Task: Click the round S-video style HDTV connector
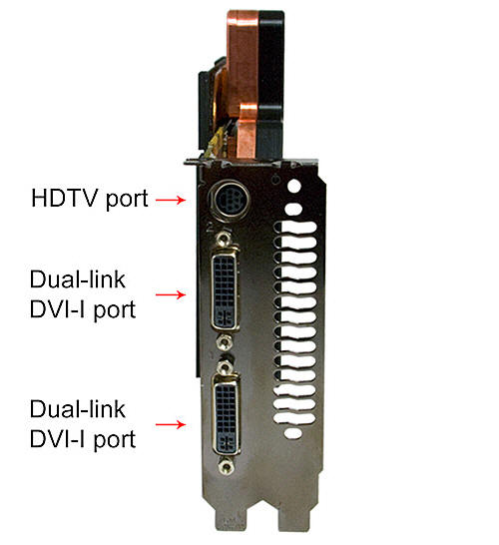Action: [x=230, y=201]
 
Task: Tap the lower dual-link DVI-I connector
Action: [x=227, y=415]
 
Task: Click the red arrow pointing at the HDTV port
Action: [x=171, y=200]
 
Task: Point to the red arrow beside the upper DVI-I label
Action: [x=171, y=294]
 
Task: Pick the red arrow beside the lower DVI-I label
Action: [x=171, y=424]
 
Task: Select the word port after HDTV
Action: [x=127, y=200]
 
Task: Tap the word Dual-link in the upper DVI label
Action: [x=78, y=279]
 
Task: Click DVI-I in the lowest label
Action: [x=58, y=439]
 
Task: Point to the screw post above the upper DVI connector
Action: [x=223, y=239]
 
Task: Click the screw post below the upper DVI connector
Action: [x=225, y=342]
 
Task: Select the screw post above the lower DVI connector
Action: [x=225, y=366]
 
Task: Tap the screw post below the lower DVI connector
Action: [x=227, y=466]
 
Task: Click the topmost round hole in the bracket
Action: [x=294, y=186]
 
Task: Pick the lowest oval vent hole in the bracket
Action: [x=293, y=432]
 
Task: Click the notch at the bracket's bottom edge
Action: [x=263, y=521]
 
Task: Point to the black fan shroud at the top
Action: [x=271, y=84]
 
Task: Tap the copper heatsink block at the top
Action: [x=243, y=84]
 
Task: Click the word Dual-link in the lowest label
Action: [x=78, y=409]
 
